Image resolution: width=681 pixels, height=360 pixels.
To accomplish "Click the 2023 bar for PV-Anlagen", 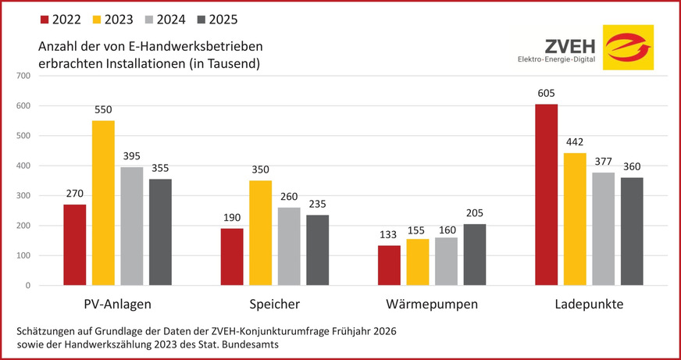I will click(x=103, y=203).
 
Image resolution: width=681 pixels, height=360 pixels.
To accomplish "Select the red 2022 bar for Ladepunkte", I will click(x=547, y=194).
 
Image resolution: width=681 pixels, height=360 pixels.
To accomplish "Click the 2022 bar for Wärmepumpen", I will click(x=389, y=266).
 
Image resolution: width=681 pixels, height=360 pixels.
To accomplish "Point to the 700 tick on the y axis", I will click(x=21, y=76).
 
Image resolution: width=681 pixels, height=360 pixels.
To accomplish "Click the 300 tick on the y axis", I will click(x=21, y=196).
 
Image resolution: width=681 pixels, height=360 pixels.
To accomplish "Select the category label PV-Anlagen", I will click(x=117, y=304).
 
